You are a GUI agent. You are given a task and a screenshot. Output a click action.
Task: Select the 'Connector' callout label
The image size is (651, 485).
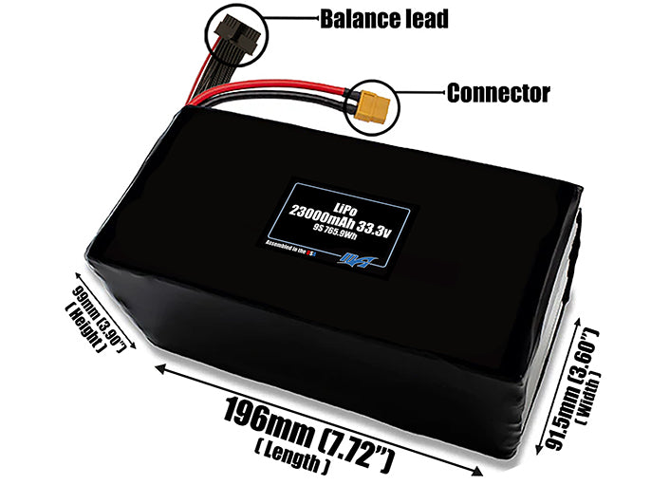498,93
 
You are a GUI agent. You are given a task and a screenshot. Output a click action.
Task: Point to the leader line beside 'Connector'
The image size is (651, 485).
422,93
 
